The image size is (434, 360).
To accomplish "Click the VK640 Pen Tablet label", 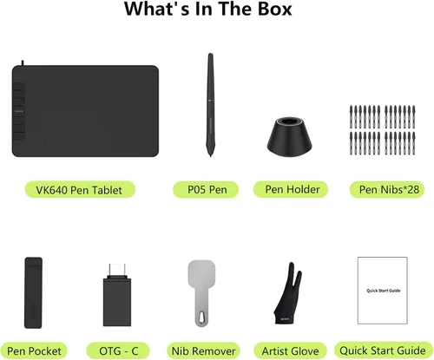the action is [80, 190].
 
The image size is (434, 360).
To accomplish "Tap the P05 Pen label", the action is [206, 190].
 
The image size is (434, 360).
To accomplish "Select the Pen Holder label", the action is [291, 190].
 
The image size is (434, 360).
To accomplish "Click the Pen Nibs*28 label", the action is [387, 190].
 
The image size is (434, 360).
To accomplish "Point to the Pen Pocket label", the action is [34, 350].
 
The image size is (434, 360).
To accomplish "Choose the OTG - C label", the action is [118, 350].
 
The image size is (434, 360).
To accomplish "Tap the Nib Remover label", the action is [204, 350].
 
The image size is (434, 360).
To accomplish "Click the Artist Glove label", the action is [290, 350].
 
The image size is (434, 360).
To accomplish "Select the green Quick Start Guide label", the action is [383, 350].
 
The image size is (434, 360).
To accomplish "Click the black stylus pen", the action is [211, 104].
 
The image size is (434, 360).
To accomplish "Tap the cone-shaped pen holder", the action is [289, 136].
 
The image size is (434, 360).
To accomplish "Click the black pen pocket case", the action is [33, 292].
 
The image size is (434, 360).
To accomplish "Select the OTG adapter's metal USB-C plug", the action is [117, 271].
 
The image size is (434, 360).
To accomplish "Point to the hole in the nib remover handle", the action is [201, 317].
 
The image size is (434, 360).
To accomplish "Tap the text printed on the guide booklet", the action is [384, 291].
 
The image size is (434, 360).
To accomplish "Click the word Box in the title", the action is [275, 9].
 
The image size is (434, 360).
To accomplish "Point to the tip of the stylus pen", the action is [211, 156].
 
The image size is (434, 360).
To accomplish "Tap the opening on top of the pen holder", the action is [289, 121].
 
